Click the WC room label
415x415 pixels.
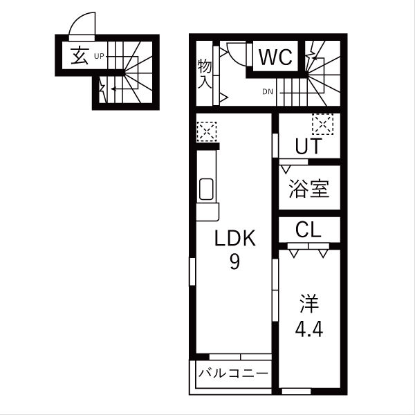click(x=277, y=56)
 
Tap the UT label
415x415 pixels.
click(x=308, y=147)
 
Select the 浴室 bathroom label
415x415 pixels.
click(x=309, y=189)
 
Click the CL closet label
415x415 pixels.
click(x=308, y=230)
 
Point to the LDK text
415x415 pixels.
click(x=235, y=239)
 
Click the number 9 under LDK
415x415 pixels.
click(x=234, y=263)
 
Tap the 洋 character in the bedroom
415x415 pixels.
click(x=308, y=304)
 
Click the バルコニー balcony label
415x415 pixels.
click(x=233, y=374)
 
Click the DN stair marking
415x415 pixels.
click(x=268, y=91)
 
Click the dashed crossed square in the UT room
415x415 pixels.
click(x=322, y=124)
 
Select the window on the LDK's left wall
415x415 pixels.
click(x=192, y=280)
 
